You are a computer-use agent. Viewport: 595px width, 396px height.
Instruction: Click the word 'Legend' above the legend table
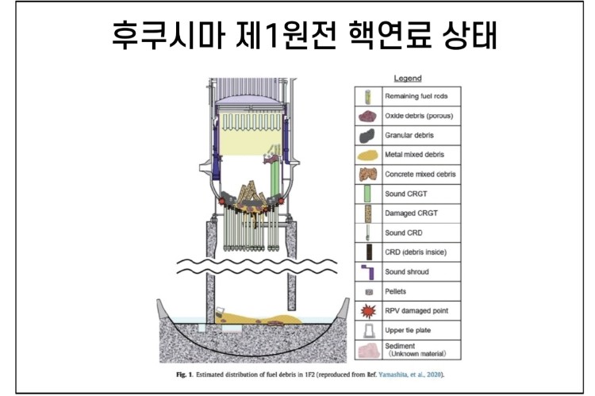407,78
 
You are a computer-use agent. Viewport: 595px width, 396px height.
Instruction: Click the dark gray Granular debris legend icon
367,135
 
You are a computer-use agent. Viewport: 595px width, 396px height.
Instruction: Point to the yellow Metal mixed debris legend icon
367,155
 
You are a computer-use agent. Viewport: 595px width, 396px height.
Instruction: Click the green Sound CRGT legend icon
367,194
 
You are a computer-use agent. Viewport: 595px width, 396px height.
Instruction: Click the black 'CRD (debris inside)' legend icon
367,252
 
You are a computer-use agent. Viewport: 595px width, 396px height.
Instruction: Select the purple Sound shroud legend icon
367,271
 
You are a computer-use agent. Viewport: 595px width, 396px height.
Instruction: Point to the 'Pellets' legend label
397,291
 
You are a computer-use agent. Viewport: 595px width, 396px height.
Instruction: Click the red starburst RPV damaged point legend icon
367,310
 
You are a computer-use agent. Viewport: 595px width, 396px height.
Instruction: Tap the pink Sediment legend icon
367,350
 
